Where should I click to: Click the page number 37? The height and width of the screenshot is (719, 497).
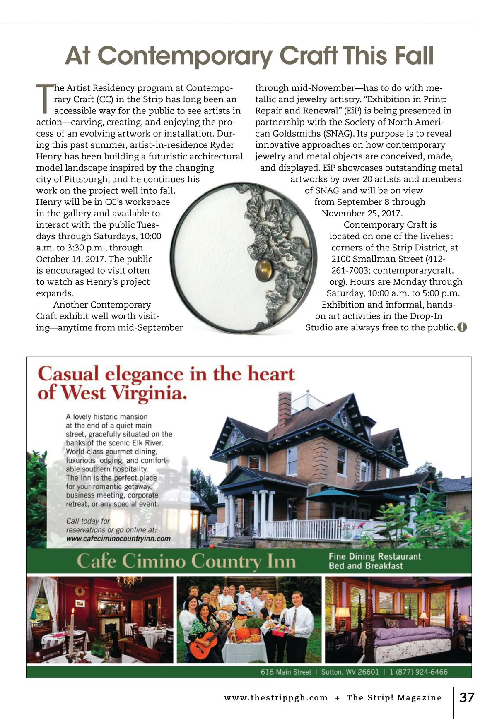[x=467, y=697]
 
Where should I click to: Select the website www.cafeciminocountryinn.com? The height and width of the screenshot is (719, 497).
[x=118, y=539]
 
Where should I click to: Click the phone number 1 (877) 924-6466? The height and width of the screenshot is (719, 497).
[x=418, y=672]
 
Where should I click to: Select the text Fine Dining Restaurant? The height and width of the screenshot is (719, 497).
[x=374, y=556]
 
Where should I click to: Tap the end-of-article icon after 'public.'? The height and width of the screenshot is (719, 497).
[x=462, y=327]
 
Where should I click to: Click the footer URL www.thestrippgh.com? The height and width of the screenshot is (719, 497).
[x=276, y=698]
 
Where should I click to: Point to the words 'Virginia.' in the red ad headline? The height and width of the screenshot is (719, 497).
[x=149, y=392]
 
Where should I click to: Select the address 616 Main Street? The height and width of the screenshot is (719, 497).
[x=286, y=672]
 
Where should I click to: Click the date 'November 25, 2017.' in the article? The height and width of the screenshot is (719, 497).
[x=362, y=214]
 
